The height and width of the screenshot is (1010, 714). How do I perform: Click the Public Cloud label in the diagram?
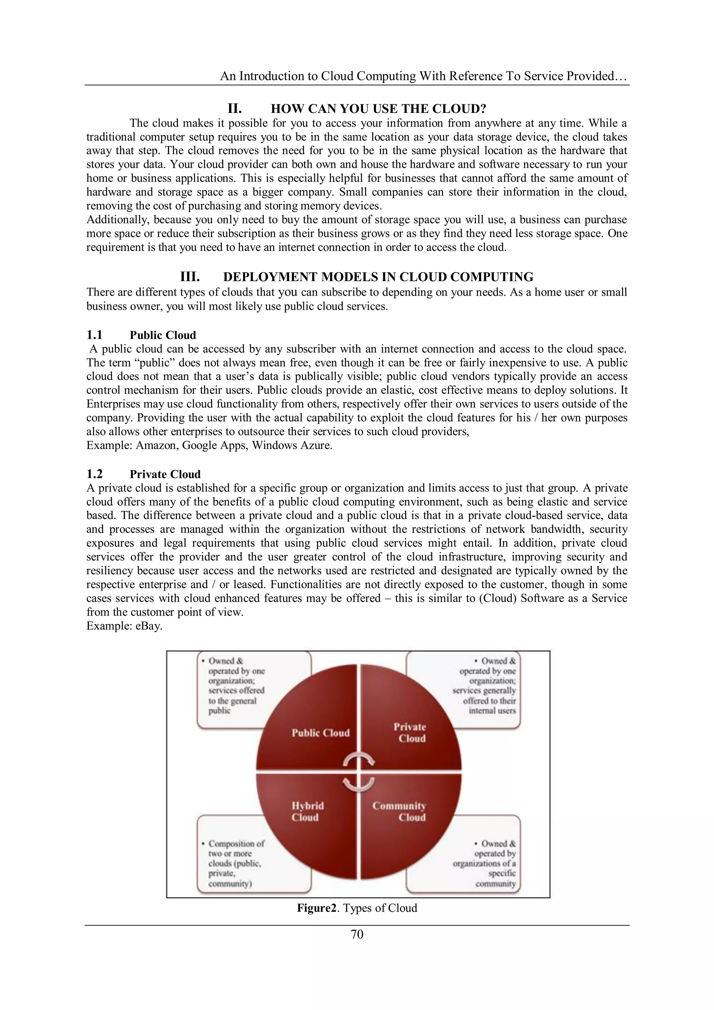(320, 733)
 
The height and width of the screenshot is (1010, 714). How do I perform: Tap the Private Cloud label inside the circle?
(410, 732)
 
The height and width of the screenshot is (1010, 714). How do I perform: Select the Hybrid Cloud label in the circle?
(307, 812)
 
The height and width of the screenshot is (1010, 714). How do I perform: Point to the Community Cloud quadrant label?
(399, 812)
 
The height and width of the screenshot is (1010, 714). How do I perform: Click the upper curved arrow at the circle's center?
(359, 760)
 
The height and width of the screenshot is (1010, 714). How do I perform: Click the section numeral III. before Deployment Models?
(190, 277)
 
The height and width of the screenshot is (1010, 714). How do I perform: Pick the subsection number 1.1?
(94, 335)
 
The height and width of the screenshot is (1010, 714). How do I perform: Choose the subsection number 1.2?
(94, 474)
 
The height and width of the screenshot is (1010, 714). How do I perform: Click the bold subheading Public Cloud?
(163, 335)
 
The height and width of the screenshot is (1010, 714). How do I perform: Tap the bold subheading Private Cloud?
(165, 474)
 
